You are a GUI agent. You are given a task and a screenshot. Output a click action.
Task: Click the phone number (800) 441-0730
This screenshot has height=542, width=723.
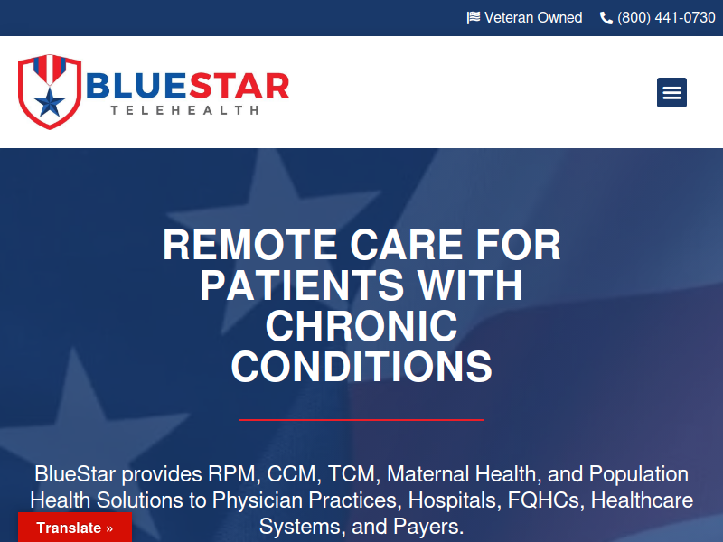point(666,18)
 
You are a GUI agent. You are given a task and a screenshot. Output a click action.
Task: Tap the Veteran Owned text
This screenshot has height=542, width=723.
point(533,17)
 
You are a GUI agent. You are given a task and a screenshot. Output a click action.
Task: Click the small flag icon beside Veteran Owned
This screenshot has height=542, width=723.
point(473,18)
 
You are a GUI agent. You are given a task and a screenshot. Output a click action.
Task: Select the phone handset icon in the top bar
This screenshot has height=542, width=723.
point(606,18)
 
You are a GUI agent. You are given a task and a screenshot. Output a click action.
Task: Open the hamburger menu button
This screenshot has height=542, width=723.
point(671,93)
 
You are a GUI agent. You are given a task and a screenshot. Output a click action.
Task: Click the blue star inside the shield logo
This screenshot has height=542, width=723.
point(50,103)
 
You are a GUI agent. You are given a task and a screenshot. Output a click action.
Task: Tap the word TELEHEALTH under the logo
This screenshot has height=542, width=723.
point(184,110)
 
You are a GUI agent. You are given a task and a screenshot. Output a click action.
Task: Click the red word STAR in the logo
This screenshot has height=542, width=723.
point(239,86)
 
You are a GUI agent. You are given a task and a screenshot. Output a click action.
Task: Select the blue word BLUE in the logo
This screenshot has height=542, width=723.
point(137,86)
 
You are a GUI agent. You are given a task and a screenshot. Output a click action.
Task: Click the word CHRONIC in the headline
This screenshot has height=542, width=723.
point(361,326)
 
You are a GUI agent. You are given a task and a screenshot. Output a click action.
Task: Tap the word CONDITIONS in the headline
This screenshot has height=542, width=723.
point(361,367)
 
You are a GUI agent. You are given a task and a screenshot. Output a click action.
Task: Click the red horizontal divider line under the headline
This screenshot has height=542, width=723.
point(361,420)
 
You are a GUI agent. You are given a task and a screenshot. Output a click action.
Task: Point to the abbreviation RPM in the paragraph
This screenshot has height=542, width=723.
point(231,474)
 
